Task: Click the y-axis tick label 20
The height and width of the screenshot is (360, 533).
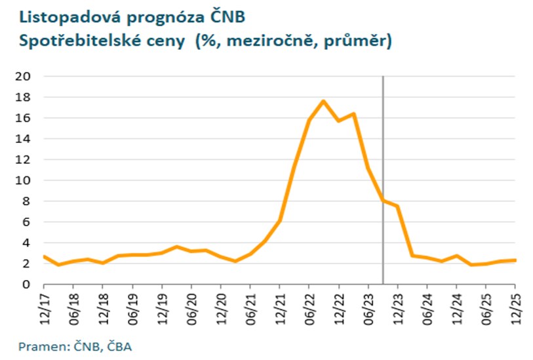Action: coord(24,76)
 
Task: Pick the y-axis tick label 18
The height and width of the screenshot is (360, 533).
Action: coord(24,97)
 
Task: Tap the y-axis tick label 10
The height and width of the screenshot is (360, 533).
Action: coord(24,180)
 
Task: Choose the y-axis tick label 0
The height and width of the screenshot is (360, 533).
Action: coord(28,285)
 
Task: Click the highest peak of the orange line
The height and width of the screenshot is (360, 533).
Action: coord(323,101)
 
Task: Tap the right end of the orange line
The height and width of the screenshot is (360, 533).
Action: coord(515,260)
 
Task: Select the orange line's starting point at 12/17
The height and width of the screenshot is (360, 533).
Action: coord(44,256)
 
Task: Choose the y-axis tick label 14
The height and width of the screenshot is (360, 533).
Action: coord(24,138)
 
